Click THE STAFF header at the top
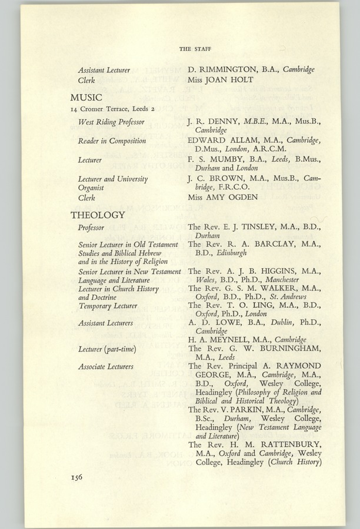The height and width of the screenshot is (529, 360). click(x=195, y=49)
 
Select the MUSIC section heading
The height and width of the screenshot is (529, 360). click(x=86, y=97)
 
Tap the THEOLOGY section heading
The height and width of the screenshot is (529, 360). click(x=98, y=215)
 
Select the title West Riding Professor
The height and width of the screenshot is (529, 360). click(x=111, y=122)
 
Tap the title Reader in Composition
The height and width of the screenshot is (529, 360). click(x=112, y=141)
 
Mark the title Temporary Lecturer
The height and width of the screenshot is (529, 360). click(x=108, y=306)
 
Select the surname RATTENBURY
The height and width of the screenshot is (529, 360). click(x=286, y=444)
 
